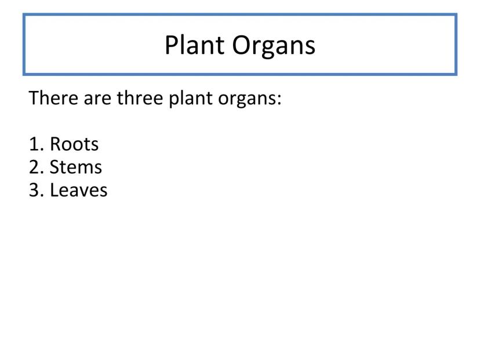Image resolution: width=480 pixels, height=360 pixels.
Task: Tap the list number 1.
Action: (34, 144)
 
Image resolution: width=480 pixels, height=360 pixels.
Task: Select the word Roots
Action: (74, 144)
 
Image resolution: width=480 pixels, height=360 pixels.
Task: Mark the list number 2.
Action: (34, 167)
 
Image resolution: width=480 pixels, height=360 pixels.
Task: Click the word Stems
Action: (76, 167)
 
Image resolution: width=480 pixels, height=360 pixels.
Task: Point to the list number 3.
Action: (34, 190)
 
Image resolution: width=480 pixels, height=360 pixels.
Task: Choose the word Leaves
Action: (79, 190)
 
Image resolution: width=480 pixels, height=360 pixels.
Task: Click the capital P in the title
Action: (172, 45)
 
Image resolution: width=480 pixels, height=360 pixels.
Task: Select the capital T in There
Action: (34, 97)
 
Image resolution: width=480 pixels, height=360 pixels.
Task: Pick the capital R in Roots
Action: (56, 144)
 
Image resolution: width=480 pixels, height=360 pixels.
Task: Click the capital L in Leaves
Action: (54, 190)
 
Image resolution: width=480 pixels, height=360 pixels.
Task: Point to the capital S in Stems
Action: (55, 167)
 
